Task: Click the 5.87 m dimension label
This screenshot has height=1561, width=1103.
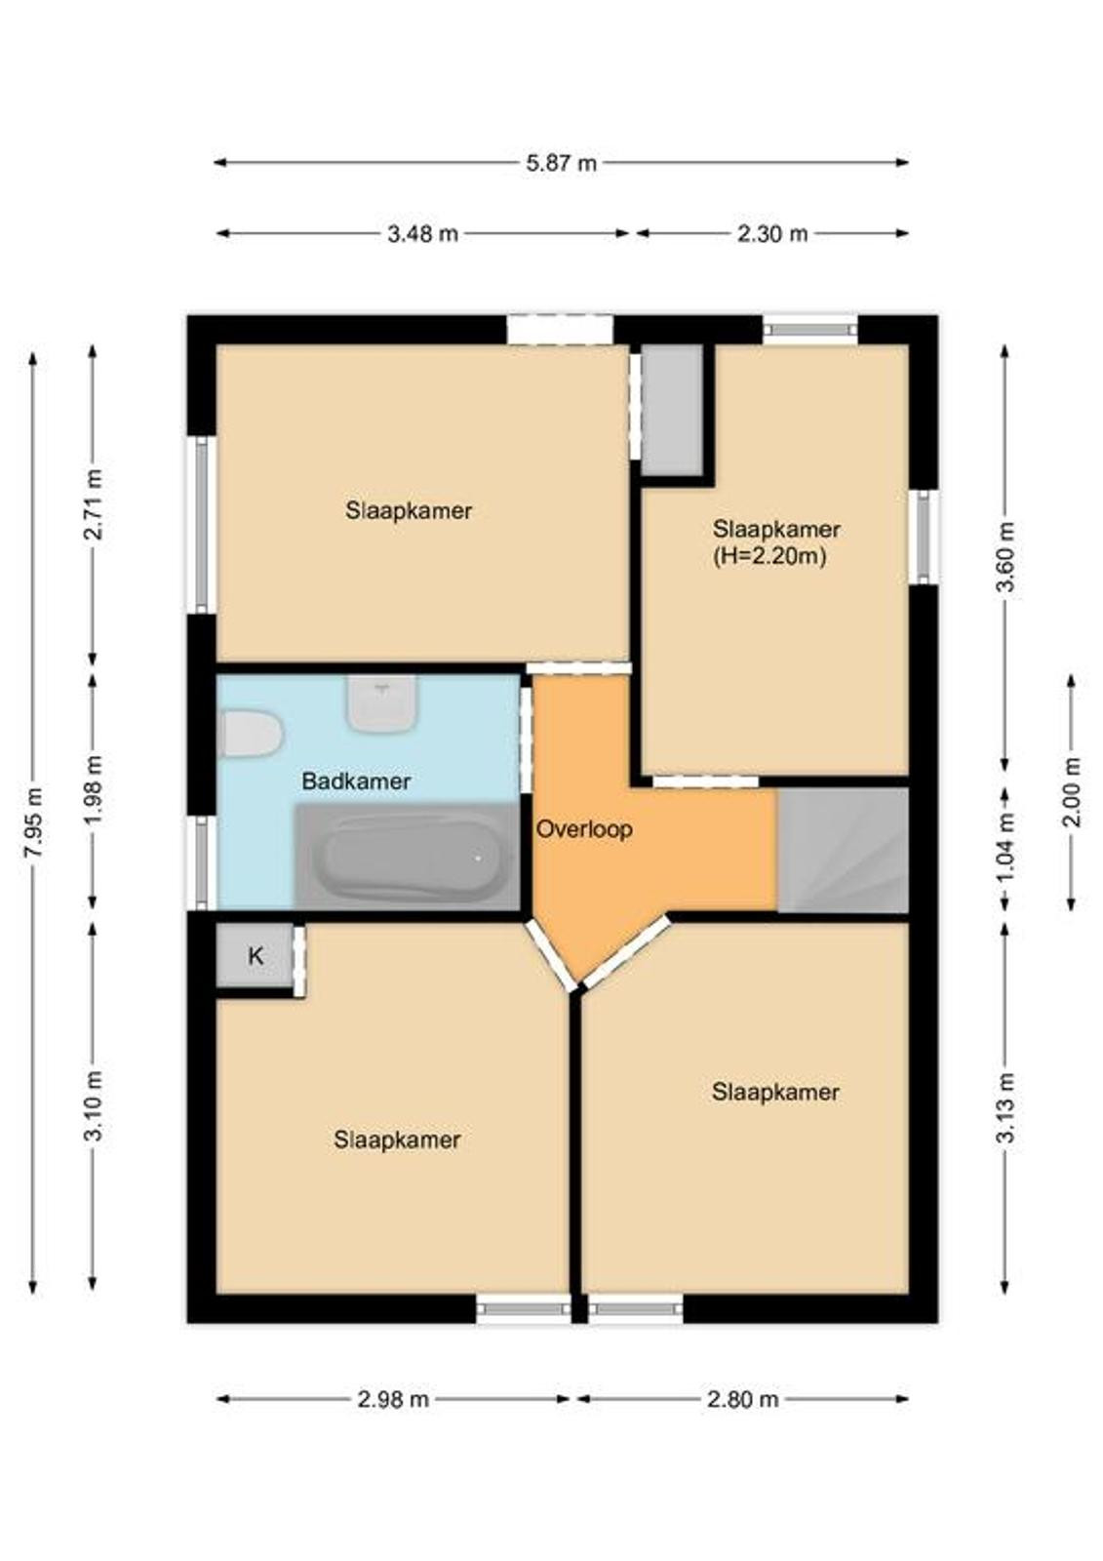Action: click(x=561, y=163)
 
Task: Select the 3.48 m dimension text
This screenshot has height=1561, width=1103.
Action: click(x=423, y=233)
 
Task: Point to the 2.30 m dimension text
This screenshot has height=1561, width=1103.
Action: click(x=772, y=233)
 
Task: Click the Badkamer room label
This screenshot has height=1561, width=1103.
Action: click(x=356, y=781)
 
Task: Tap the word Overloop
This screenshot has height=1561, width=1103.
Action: click(x=584, y=829)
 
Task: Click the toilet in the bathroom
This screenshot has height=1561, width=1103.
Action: click(x=250, y=733)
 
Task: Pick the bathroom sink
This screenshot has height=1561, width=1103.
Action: click(x=382, y=702)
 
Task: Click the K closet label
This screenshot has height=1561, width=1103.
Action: click(x=256, y=956)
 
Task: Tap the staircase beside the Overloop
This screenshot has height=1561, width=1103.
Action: click(x=844, y=849)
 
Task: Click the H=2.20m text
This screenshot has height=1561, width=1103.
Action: click(x=769, y=557)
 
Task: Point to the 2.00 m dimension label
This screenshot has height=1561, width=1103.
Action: click(x=1071, y=791)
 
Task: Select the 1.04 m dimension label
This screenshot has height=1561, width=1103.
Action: click(x=1005, y=849)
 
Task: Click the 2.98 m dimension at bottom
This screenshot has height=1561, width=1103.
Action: click(x=393, y=1399)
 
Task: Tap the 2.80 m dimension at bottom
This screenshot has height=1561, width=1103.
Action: click(x=743, y=1399)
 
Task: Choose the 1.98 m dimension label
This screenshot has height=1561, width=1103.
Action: click(x=94, y=789)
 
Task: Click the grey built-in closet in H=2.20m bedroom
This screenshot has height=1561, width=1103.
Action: click(x=671, y=410)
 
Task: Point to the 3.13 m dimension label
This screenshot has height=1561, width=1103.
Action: click(x=1005, y=1107)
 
